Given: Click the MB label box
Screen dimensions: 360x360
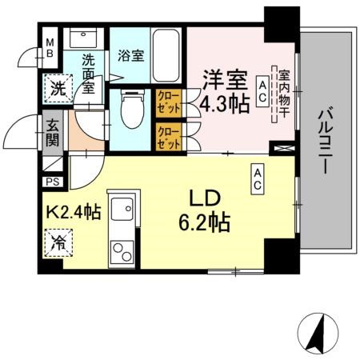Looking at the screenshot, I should (x=49, y=47).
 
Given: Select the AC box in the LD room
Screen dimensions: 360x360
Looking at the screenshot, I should (x=259, y=178).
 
